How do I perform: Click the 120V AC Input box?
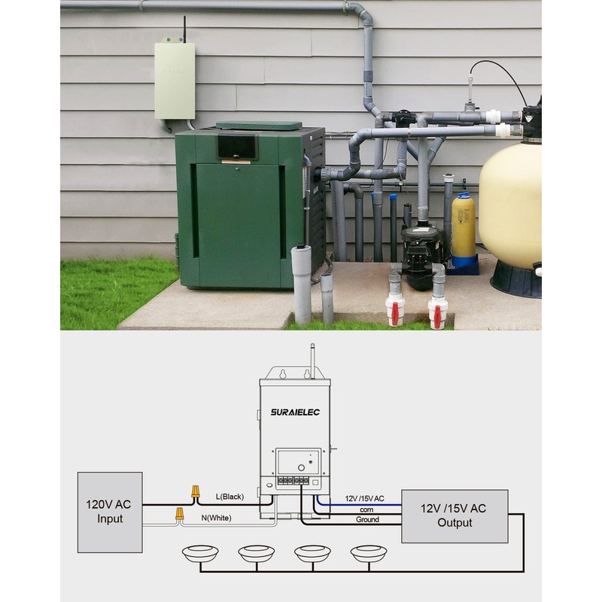(x=110, y=512)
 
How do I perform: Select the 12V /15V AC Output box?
(x=455, y=515)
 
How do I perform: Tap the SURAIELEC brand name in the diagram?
(x=294, y=412)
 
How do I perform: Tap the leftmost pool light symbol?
(x=200, y=553)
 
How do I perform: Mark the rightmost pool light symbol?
(x=369, y=553)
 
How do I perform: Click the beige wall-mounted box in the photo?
(x=175, y=81)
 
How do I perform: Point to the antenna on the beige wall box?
(x=183, y=29)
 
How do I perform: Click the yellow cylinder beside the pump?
(x=464, y=226)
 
